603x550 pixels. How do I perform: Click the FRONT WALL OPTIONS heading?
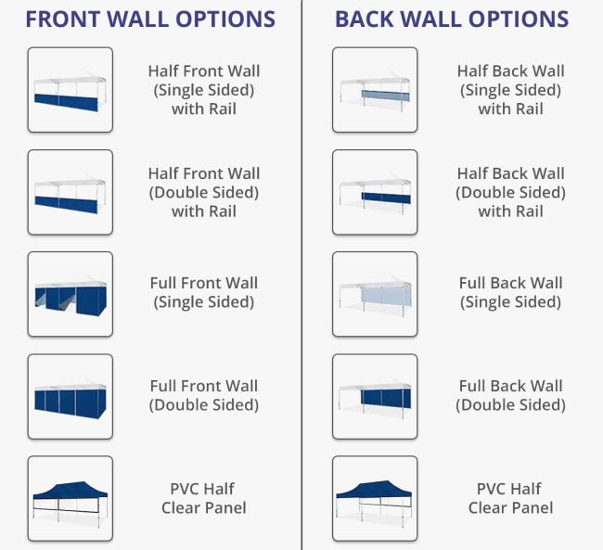150,19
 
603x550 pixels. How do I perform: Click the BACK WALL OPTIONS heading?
452,19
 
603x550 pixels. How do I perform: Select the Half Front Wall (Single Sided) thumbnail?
71,90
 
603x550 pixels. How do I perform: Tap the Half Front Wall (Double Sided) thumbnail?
71,192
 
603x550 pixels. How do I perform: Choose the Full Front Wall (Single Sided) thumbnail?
71,294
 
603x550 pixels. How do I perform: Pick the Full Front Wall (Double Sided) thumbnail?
71,397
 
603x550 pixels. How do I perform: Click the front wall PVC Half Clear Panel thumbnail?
71,498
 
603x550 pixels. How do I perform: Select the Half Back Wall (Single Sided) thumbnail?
375,90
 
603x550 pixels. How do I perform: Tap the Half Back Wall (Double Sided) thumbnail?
375,192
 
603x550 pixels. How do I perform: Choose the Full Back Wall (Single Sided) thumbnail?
375,294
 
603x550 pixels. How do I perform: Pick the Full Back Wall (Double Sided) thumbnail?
375,397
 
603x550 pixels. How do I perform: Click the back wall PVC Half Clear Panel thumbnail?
375,498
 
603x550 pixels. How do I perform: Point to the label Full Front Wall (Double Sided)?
204,395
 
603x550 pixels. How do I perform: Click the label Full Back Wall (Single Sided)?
511,293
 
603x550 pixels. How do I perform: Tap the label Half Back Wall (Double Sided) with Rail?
511,192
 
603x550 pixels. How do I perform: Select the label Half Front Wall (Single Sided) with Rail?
204,90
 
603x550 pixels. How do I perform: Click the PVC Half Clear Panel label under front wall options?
204,498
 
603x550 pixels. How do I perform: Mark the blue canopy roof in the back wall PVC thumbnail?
374,489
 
